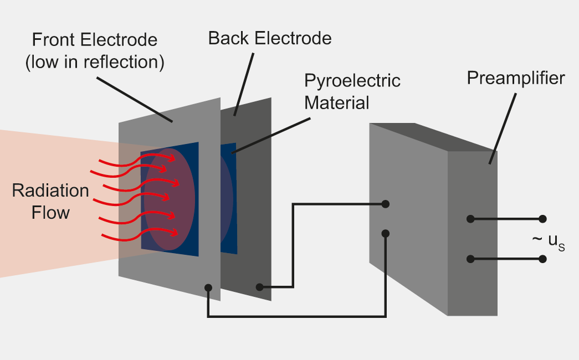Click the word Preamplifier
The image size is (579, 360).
click(515, 78)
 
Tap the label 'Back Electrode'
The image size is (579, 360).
click(270, 38)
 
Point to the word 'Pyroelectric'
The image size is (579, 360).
click(352, 80)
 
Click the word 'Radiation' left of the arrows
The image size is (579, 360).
click(50, 191)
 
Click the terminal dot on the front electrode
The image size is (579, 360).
click(208, 287)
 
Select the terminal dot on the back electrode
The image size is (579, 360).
click(259, 287)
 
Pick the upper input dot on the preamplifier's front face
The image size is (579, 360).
click(386, 204)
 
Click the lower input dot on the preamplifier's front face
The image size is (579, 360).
click(386, 233)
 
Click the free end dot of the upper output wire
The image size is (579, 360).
click(542, 219)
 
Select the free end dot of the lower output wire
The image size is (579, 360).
click(542, 259)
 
